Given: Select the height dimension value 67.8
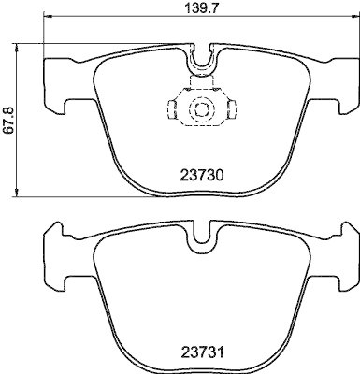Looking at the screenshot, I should click(7, 120).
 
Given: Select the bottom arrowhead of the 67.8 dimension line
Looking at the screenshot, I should click(16, 193).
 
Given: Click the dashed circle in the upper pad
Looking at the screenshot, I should click(202, 110).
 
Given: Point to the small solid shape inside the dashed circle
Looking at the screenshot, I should click(202, 110).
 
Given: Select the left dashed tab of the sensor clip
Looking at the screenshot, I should click(172, 110).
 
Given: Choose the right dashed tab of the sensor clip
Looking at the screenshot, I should click(231, 110).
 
